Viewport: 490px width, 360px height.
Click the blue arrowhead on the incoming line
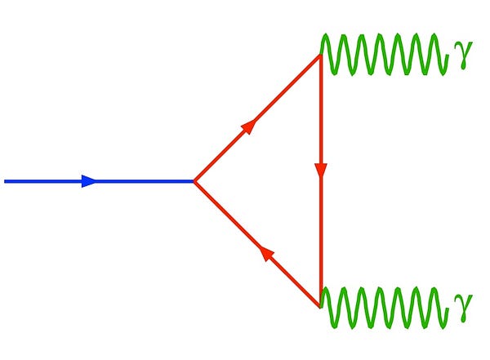tap(88, 181)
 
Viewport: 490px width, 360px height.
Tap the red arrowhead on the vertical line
tap(321, 171)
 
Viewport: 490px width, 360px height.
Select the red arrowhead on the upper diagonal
tap(249, 127)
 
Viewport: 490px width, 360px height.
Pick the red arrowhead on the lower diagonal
tap(266, 254)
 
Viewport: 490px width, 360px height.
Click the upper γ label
tap(463, 54)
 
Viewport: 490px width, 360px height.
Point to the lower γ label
tap(462, 307)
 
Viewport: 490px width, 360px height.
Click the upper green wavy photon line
tap(384, 55)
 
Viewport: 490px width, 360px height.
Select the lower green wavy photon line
tap(384, 308)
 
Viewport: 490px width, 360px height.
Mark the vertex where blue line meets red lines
tap(194, 181)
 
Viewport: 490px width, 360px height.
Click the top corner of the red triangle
tap(321, 56)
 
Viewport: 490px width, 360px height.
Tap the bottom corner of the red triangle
tap(321, 307)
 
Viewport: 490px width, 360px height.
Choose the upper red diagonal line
tap(257, 118)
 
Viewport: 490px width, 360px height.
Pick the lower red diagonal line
tap(257, 244)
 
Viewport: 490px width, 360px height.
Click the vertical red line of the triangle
tap(321, 181)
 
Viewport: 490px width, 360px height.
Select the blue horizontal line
tap(100, 181)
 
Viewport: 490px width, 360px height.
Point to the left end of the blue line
tap(5, 181)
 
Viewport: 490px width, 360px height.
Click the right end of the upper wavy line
tap(448, 56)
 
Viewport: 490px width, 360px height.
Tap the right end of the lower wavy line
tap(448, 309)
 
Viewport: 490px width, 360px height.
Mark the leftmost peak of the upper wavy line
tap(325, 34)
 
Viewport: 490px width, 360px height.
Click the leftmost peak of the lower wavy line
tap(325, 288)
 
